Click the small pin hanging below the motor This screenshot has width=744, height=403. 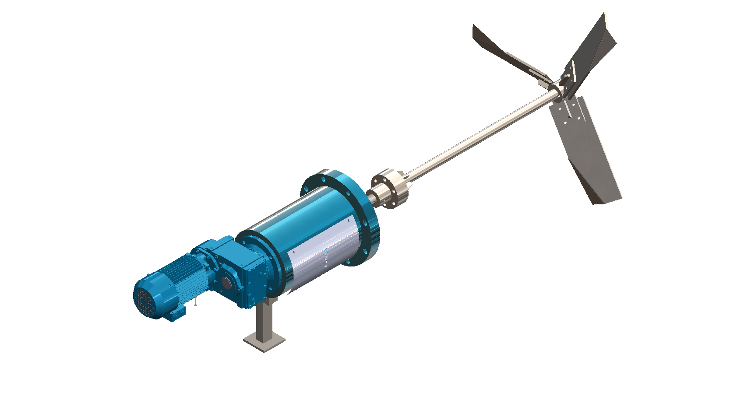[195, 303]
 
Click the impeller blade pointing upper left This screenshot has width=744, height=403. [504, 50]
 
